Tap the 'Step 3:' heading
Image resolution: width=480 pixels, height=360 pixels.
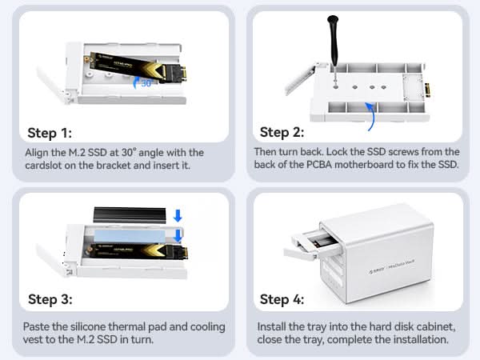point(50,300)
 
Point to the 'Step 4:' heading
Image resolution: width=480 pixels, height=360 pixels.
point(282,300)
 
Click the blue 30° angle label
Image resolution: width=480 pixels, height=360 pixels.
point(147,82)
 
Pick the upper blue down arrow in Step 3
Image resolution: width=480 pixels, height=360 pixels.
point(178,215)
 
